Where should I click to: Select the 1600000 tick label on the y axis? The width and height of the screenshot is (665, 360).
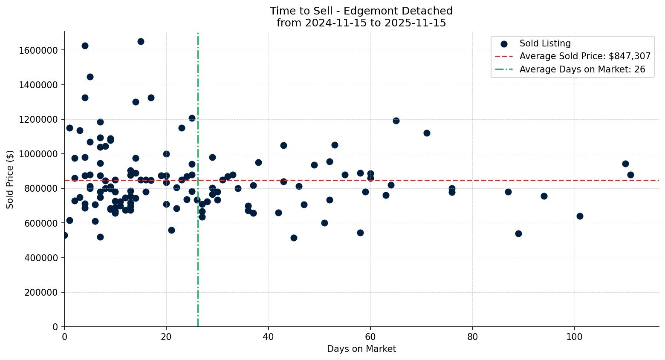pos(39,50)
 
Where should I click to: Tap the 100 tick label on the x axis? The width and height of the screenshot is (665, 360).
pos(574,337)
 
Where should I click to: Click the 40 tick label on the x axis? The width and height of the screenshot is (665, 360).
pos(269,337)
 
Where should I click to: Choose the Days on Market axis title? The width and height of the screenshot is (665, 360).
pos(361,349)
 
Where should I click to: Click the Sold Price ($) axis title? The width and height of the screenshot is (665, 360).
pos(10,179)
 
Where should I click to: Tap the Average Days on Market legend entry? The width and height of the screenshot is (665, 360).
pos(582,69)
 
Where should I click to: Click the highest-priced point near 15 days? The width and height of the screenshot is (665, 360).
pos(141,41)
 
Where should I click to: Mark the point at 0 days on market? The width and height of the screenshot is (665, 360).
pos(64,235)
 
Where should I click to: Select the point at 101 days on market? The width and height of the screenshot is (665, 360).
pos(580,216)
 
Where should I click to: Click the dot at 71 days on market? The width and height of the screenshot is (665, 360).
pos(427,133)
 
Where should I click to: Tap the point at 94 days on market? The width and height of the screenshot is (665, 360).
pos(544,196)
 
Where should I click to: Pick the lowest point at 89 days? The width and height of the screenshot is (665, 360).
pos(518,233)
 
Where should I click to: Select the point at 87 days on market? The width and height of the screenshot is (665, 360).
pos(508,192)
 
